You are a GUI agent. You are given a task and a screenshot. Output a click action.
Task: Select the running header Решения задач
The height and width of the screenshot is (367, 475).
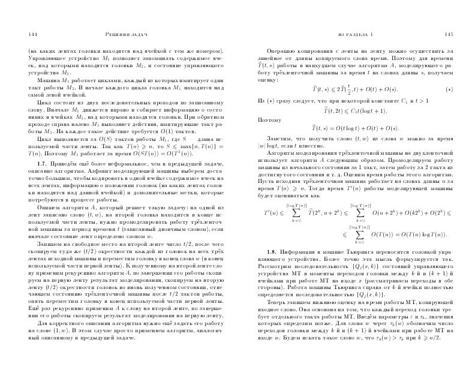click(124, 34)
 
